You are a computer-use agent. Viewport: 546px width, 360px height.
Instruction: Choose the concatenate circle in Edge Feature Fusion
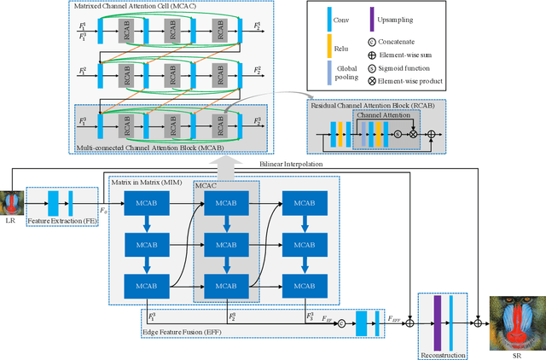[x=340, y=322]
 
